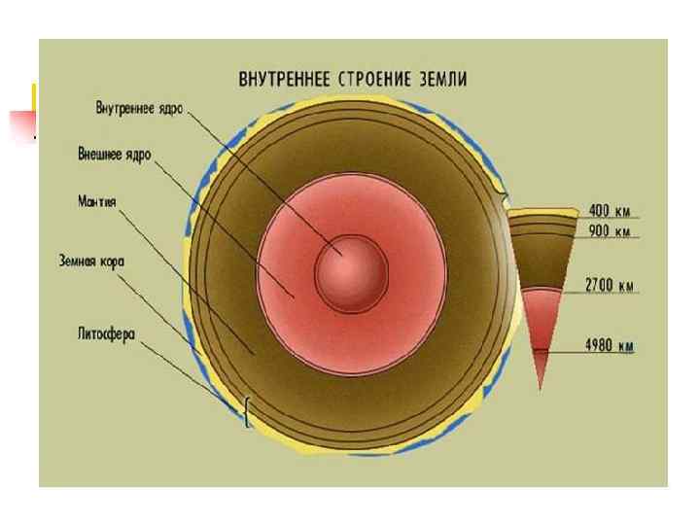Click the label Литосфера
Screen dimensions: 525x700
(106, 332)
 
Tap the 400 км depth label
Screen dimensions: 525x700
(611, 211)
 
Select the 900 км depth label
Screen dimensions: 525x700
(611, 231)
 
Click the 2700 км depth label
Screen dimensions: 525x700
(610, 286)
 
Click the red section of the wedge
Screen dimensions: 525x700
(541, 321)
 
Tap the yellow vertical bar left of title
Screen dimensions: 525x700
(34, 97)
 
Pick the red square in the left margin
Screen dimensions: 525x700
(21, 126)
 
